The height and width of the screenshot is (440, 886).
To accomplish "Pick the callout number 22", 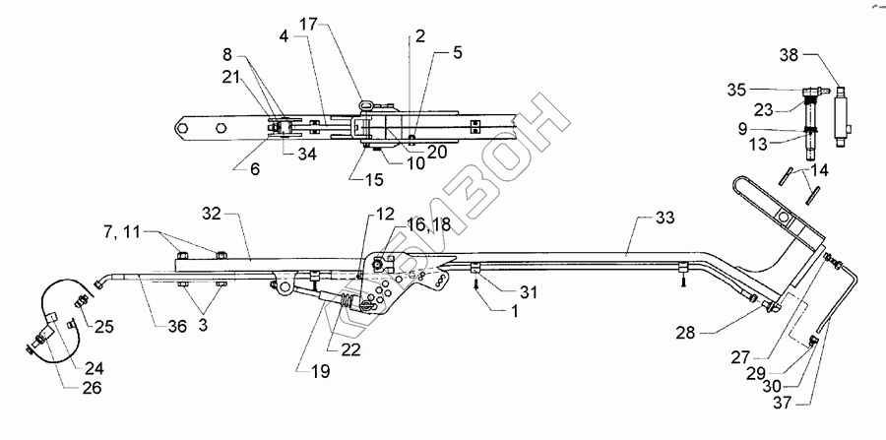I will (349, 349).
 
